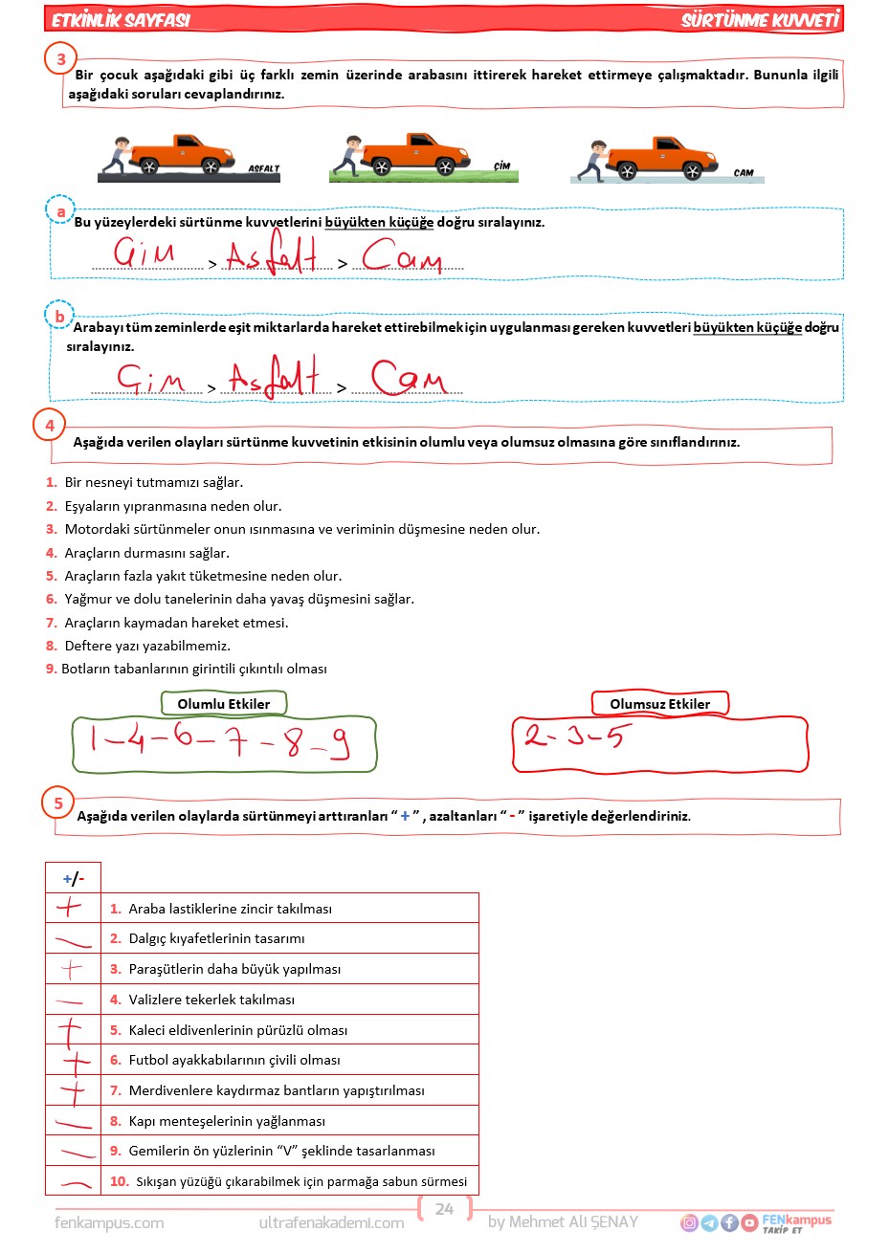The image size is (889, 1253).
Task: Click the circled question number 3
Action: (x=61, y=59)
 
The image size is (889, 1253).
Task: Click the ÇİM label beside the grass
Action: (x=502, y=166)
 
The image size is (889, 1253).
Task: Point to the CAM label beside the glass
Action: (x=744, y=173)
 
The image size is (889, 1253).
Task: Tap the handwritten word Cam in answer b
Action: (x=409, y=377)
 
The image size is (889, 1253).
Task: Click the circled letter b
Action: (x=59, y=316)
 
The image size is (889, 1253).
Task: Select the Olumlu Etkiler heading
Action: (x=224, y=704)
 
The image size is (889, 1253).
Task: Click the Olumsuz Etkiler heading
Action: (x=660, y=704)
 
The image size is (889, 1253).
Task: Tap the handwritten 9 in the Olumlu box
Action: (x=338, y=743)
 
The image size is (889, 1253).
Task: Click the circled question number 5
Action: (x=58, y=803)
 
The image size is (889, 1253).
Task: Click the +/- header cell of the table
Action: (x=73, y=878)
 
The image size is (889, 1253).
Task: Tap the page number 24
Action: (x=444, y=1209)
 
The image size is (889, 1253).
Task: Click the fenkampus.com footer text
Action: (x=109, y=1222)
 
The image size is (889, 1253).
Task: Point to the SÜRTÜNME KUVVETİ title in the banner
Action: (x=760, y=19)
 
